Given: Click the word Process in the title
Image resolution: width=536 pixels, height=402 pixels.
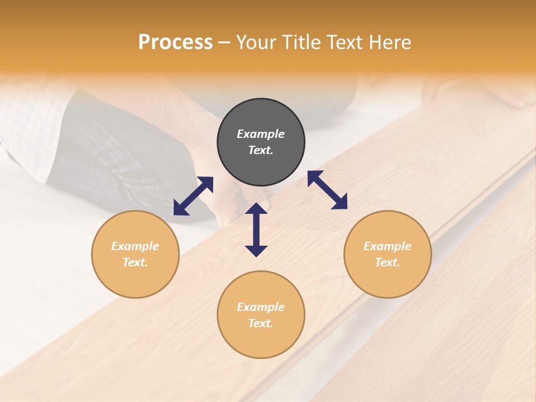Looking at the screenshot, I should click(175, 42).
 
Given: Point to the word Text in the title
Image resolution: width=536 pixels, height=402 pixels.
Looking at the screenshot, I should click(346, 42).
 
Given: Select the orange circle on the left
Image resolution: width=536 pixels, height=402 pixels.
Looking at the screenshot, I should click(135, 254).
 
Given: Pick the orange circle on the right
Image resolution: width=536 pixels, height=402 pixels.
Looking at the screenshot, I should click(387, 254).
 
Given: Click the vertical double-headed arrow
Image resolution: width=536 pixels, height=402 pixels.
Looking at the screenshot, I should click(256, 229).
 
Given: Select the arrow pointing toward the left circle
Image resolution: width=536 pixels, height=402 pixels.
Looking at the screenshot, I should click(193, 195).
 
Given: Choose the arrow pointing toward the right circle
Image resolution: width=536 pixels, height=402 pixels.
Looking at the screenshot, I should click(328, 190).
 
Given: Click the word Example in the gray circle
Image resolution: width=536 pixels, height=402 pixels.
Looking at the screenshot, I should click(261, 134).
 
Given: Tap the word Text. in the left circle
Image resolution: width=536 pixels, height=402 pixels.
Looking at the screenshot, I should click(135, 262).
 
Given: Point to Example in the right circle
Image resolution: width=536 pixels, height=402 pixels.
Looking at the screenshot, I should click(387, 246).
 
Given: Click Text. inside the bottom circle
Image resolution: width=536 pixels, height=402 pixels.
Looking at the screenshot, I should click(261, 323).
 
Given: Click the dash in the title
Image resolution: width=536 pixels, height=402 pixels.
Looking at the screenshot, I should click(224, 43).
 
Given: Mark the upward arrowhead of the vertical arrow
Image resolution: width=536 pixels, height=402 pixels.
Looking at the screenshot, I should click(256, 208).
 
